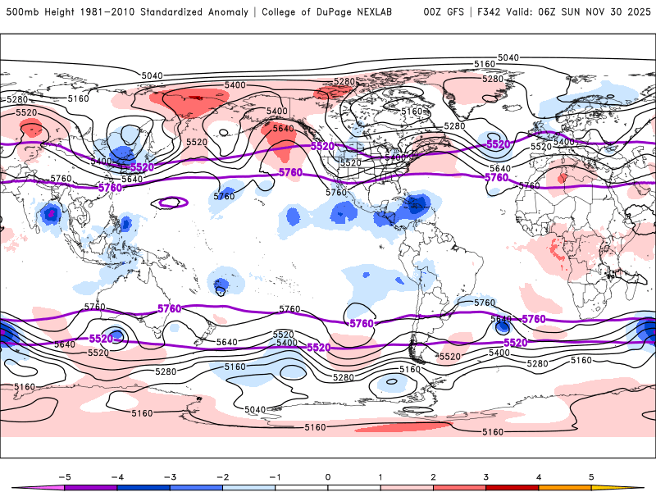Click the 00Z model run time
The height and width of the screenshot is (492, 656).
tap(432, 12)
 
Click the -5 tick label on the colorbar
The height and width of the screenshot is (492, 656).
tap(63, 476)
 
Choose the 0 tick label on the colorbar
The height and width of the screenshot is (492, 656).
tap(328, 476)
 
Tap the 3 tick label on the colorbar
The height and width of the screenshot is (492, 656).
tap(485, 476)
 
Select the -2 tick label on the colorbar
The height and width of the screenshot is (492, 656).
tap(222, 476)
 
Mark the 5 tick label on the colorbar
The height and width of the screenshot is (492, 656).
tap(591, 476)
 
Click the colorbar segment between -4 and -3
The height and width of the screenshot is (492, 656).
tap(143, 487)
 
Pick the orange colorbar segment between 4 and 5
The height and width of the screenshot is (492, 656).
tap(565, 487)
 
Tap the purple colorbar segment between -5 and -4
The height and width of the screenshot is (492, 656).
tap(90, 487)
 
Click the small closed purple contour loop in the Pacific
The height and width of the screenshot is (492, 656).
tap(173, 201)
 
